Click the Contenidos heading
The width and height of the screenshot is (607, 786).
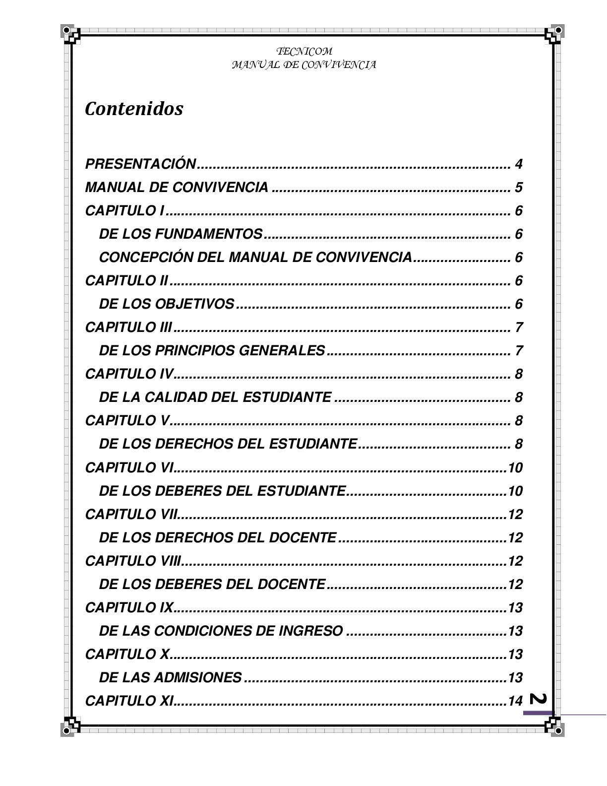pos(134,109)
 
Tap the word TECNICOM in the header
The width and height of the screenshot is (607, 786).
pos(304,51)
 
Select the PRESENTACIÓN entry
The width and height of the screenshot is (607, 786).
pos(141,164)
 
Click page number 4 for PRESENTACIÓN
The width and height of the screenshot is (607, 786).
pos(519,164)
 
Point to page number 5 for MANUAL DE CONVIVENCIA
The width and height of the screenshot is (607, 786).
pos(519,188)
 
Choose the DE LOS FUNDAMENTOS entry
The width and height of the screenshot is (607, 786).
pos(181,234)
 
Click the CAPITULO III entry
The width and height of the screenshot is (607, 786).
pos(128,327)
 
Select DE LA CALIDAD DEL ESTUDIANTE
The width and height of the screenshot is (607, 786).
pos(215,397)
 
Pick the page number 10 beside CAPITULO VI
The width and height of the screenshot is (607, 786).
pos(515,468)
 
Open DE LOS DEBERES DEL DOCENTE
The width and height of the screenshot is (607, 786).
pos(212,585)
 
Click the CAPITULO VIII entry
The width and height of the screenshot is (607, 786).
pos(132,561)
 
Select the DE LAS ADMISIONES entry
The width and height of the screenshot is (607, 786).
pos(170,678)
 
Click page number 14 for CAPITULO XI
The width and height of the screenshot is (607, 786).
pos(515,701)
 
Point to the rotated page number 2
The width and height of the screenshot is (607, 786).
pos(539,699)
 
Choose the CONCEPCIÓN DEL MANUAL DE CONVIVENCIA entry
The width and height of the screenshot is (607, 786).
pos(255,258)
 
